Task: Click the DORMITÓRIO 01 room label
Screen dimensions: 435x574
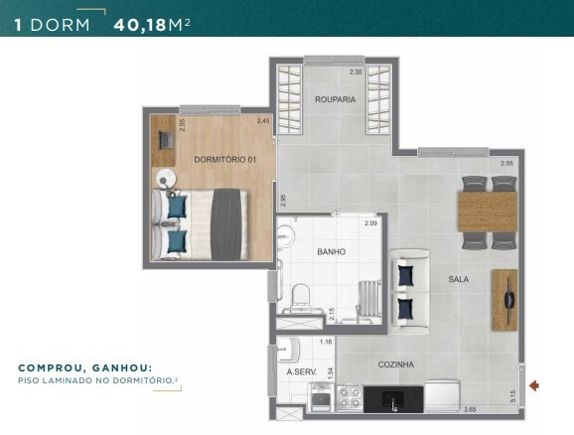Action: [225, 159]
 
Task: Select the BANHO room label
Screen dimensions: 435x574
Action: [331, 252]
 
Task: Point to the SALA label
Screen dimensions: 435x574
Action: [458, 280]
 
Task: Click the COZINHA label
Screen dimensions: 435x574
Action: [395, 364]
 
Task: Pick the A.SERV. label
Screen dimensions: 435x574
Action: [301, 372]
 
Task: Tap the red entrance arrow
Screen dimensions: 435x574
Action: [536, 385]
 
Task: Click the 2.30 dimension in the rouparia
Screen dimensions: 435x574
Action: [356, 72]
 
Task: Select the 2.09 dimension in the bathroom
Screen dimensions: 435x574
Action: [370, 223]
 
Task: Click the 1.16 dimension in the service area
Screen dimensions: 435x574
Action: [325, 343]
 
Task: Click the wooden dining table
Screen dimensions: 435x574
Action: [487, 211]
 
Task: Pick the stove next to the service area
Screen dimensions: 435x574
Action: [350, 399]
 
